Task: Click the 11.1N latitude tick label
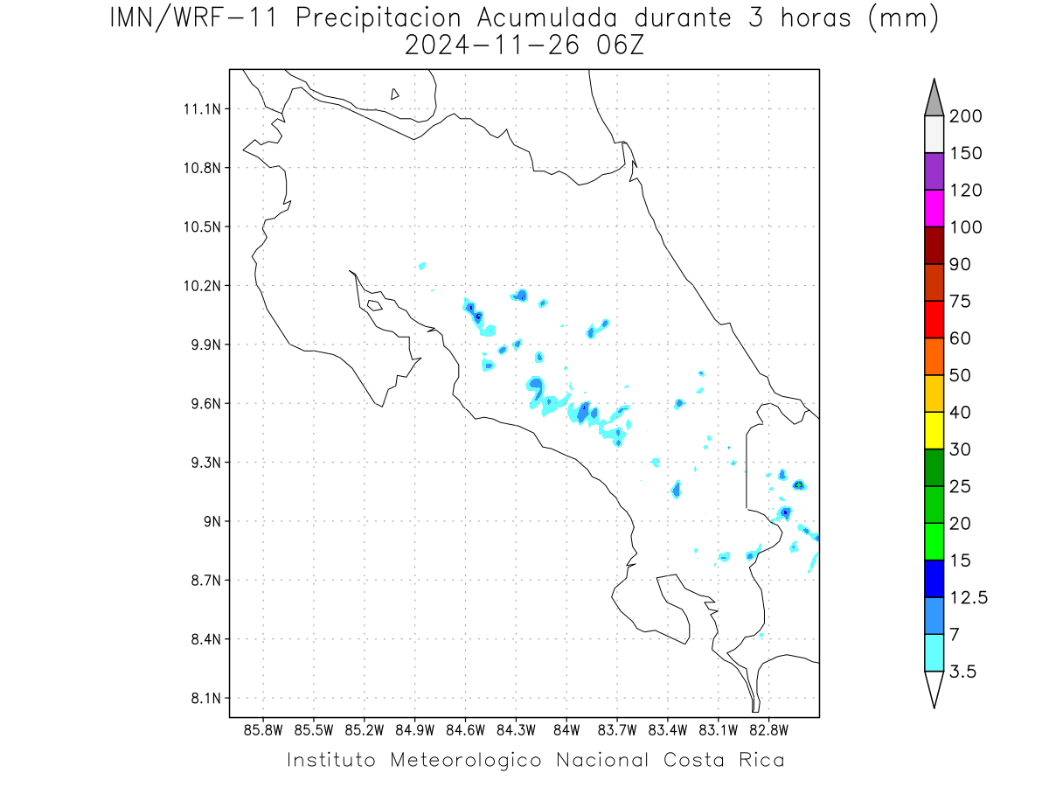click(202, 109)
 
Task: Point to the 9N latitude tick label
click(212, 521)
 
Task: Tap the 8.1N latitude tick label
click(206, 698)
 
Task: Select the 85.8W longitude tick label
click(263, 731)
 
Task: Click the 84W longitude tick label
click(566, 731)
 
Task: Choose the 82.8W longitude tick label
click(768, 731)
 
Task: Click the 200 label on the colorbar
click(965, 116)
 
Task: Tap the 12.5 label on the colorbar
click(969, 598)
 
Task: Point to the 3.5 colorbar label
click(962, 672)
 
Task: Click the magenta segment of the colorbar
click(934, 208)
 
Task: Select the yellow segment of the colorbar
click(934, 430)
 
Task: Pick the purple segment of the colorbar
click(934, 171)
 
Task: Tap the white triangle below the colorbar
click(934, 688)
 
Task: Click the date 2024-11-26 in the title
click(492, 45)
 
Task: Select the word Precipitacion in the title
click(379, 18)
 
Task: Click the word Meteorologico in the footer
click(466, 760)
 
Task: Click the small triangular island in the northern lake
click(393, 94)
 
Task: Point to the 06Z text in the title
click(620, 45)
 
